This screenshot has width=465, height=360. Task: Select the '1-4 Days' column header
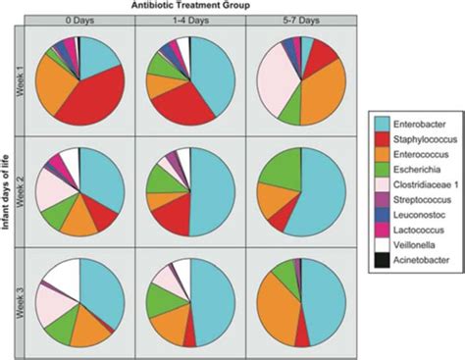[191, 21]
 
